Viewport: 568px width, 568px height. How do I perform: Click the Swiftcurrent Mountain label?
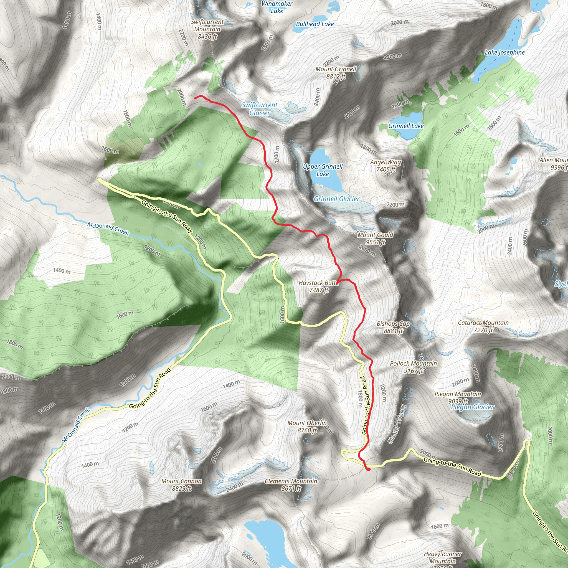(x=207, y=29)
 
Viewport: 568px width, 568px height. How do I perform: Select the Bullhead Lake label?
(x=315, y=24)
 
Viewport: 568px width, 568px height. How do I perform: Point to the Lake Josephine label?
(x=504, y=53)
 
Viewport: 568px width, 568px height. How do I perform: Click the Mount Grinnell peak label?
(x=336, y=73)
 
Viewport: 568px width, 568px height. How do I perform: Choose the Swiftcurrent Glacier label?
(x=259, y=109)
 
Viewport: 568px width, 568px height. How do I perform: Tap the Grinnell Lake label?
(x=406, y=126)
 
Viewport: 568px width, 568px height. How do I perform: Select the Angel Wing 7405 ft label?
(x=386, y=166)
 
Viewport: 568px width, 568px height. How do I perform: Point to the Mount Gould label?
(x=375, y=238)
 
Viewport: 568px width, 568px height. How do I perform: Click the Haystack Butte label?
(x=318, y=286)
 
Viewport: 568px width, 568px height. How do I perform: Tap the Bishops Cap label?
(x=393, y=327)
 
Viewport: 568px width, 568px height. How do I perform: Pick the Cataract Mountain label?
(x=483, y=326)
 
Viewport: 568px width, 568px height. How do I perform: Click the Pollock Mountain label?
(x=413, y=367)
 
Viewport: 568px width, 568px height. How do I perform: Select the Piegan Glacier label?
(x=472, y=407)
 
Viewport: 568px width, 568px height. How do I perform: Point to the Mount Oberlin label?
(x=307, y=426)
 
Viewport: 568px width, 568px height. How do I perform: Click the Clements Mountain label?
(x=291, y=485)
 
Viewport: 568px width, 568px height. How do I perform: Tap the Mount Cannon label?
(x=181, y=485)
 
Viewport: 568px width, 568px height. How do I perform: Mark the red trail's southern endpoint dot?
(x=368, y=469)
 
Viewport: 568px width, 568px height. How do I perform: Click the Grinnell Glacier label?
(x=336, y=199)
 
